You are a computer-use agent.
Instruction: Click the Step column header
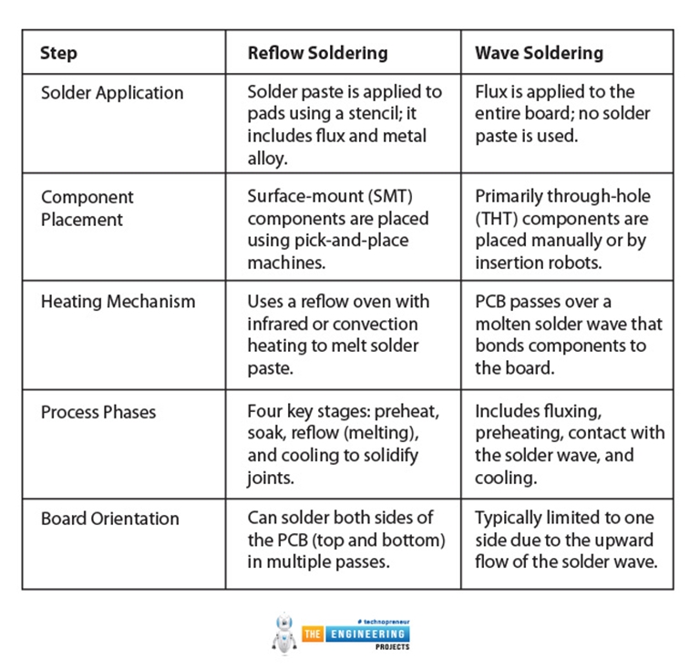pyautogui.click(x=57, y=52)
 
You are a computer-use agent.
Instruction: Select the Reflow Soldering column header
pyautogui.click(x=317, y=53)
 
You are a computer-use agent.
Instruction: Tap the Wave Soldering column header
pyautogui.click(x=539, y=53)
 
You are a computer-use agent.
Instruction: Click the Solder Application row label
pyautogui.click(x=112, y=93)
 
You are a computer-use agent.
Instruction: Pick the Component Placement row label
pyautogui.click(x=87, y=208)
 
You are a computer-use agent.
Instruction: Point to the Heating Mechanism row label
pyautogui.click(x=118, y=302)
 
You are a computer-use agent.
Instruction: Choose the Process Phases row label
pyautogui.click(x=98, y=412)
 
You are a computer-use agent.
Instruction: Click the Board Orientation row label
pyautogui.click(x=109, y=519)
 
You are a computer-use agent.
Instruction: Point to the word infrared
pyautogui.click(x=280, y=324)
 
